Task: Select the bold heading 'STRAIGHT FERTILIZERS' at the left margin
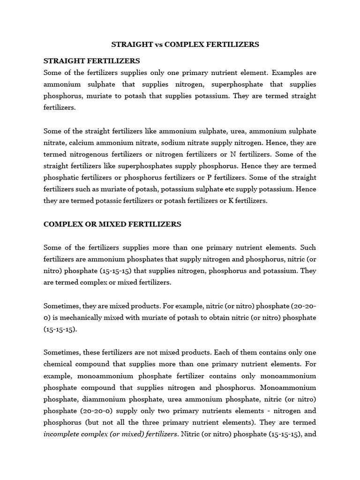coord(91,61)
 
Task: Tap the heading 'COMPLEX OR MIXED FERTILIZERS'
coord(112,224)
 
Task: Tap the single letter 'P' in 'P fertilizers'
coord(215,178)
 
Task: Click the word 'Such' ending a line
coord(308,247)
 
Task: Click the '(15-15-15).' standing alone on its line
coord(60,329)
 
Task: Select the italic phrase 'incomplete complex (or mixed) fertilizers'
coord(111,434)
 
